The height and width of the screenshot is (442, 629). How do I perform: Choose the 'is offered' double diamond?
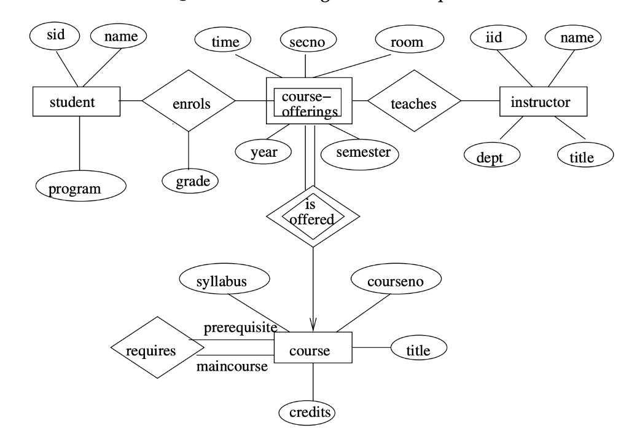coord(313,215)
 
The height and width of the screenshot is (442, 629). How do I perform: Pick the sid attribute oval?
coord(55,35)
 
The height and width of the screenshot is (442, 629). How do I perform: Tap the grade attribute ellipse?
coord(190,181)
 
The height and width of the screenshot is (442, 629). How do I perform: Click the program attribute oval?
coord(80,187)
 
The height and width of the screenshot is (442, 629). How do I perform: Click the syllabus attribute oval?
coord(225,282)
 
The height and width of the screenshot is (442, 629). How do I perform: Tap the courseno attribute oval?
coord(396,281)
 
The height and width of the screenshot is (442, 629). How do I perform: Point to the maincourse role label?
coord(232,368)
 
